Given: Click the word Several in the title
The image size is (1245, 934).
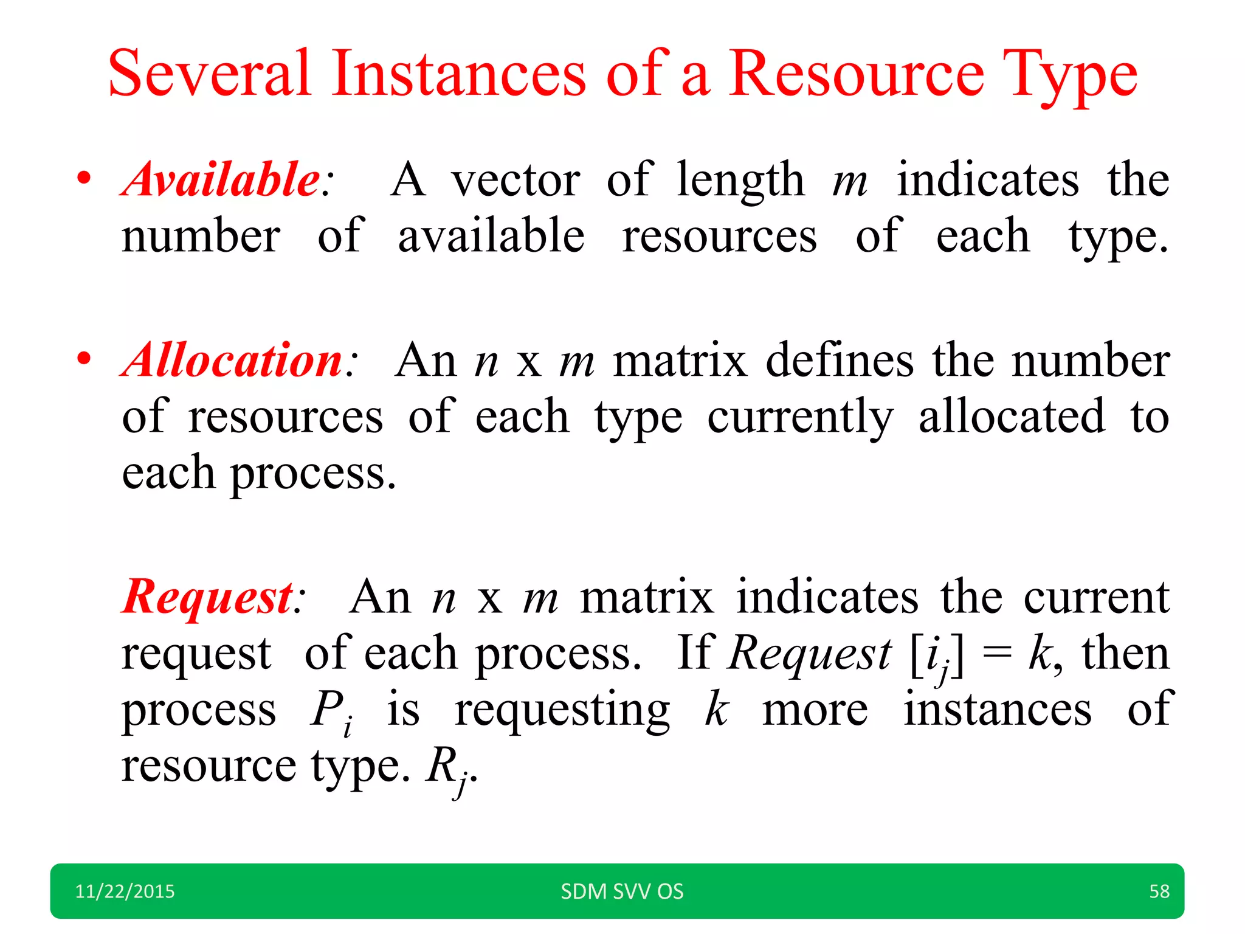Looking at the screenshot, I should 210,74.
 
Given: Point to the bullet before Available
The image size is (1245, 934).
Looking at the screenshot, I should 84,179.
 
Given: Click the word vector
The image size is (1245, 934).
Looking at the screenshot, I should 516,180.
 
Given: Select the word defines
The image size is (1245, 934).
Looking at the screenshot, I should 840,361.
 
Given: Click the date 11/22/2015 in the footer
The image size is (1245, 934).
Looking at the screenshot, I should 125,891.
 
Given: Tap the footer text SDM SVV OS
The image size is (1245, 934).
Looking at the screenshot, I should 622,891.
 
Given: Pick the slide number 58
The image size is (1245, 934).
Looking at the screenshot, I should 1159,891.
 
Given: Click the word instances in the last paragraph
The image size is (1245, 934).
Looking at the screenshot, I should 997,710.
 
